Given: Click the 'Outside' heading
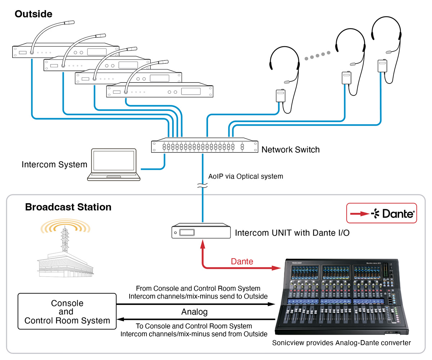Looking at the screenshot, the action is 33,14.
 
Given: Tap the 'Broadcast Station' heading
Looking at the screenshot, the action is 68,207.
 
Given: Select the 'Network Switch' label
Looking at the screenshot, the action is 290,149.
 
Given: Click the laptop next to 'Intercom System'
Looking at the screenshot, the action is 114,165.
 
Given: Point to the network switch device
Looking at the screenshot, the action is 204,145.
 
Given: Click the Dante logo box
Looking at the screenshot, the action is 382,213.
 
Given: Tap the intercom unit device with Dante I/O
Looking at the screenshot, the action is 201,231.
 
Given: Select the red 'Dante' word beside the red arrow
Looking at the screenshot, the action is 242,261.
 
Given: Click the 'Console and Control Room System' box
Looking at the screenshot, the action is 67,311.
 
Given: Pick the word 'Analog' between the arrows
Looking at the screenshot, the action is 194,312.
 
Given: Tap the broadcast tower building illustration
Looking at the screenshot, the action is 66,248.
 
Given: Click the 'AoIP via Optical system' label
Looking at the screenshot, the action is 246,176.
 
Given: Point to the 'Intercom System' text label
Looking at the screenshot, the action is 54,165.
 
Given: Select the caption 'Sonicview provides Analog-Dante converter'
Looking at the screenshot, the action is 341,343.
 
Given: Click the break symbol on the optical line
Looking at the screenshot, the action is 202,185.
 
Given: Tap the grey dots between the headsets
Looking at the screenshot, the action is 318,55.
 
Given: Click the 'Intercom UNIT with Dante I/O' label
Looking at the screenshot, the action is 292,233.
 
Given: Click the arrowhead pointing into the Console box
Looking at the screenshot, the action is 120,319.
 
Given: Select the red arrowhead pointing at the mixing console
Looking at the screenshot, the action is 276,268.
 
